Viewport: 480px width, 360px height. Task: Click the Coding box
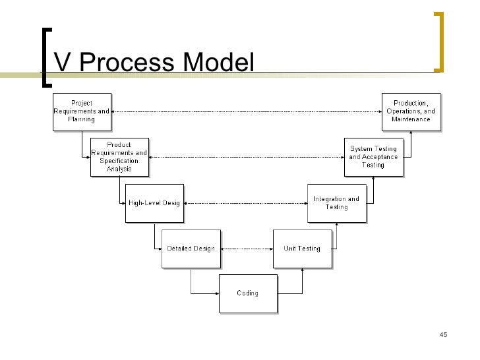pyautogui.click(x=247, y=293)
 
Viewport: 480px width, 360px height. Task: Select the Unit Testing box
pyautogui.click(x=301, y=249)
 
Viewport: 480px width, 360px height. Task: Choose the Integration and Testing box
pyautogui.click(x=336, y=203)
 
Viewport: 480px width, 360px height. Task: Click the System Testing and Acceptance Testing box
pyautogui.click(x=373, y=157)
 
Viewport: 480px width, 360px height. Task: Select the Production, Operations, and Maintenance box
pyautogui.click(x=411, y=111)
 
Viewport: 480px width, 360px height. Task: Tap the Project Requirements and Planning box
pyautogui.click(x=82, y=111)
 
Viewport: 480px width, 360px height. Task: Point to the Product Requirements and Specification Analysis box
pyautogui.click(x=119, y=157)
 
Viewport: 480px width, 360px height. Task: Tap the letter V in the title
pyautogui.click(x=62, y=63)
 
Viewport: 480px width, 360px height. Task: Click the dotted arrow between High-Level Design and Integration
pyautogui.click(x=246, y=203)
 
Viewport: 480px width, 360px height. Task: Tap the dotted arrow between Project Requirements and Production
pyautogui.click(x=246, y=112)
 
